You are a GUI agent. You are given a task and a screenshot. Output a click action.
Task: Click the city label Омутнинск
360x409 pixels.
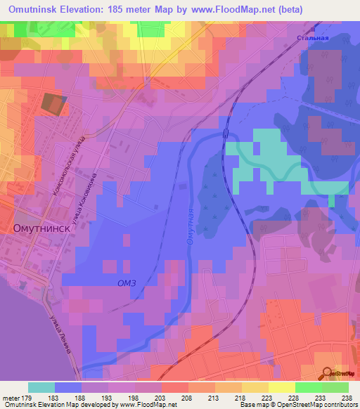click(x=40, y=228)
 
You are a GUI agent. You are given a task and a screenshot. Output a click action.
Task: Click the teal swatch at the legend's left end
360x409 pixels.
click(x=41, y=387)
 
